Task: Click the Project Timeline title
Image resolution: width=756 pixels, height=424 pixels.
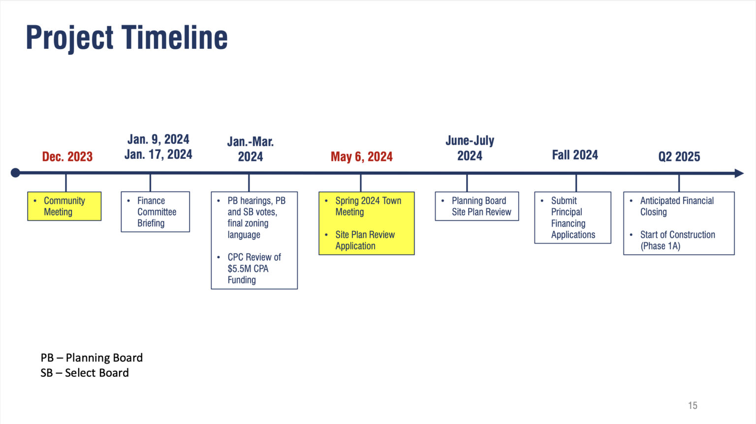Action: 126,38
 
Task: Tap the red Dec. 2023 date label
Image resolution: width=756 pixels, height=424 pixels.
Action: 67,156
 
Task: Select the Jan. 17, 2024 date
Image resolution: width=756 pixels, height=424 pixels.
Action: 158,154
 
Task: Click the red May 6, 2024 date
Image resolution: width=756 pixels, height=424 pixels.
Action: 362,157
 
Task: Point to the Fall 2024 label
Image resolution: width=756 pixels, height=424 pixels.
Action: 575,155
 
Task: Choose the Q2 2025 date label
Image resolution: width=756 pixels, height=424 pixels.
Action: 679,156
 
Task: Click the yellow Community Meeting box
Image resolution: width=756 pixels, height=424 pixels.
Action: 64,206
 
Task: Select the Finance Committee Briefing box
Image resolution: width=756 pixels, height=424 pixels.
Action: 156,212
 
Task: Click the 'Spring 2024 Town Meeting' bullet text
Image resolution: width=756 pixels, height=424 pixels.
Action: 368,206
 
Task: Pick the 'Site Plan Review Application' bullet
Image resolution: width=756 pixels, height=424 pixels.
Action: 365,240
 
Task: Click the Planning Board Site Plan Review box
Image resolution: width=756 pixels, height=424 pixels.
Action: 477,206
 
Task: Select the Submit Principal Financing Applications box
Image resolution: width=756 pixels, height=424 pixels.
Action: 573,217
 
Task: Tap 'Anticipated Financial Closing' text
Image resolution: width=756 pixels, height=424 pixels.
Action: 676,206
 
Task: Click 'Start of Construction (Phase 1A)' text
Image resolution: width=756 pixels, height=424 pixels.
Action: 677,240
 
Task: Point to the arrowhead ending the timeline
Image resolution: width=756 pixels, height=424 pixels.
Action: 739,173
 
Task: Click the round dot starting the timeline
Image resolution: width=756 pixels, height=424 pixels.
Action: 15,173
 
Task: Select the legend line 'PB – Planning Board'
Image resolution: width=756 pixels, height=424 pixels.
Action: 92,358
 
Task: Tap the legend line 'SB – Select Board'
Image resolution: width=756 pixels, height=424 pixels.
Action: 85,373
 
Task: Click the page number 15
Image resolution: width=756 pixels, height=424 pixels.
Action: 693,405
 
